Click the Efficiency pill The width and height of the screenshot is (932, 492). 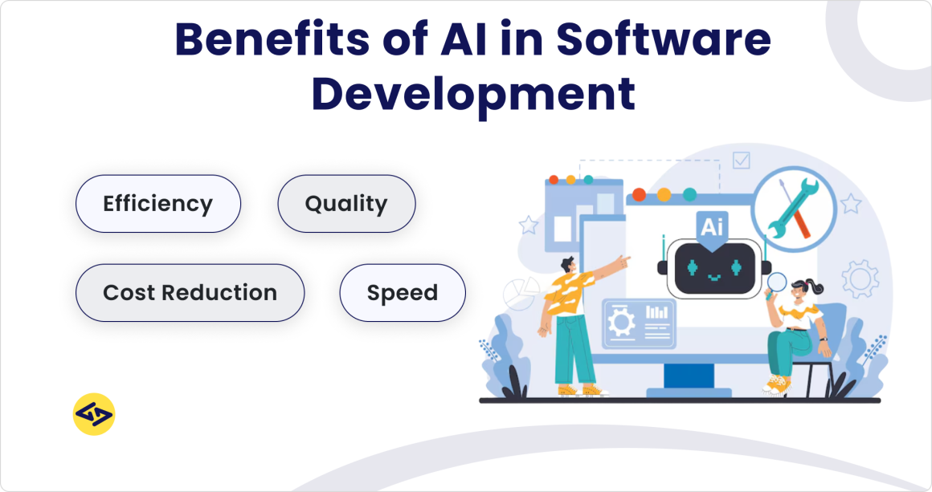tap(158, 204)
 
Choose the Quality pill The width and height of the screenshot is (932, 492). tap(346, 204)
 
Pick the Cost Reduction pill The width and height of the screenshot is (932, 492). tap(190, 293)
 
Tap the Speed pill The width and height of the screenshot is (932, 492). tap(403, 293)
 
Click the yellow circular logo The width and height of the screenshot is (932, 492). tap(94, 414)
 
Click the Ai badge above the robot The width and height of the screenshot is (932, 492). tap(712, 226)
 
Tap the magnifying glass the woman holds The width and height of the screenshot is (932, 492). tap(777, 282)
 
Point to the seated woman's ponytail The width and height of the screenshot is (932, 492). tap(815, 284)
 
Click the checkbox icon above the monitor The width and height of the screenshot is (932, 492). tap(741, 161)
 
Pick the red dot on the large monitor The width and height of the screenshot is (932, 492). tap(640, 194)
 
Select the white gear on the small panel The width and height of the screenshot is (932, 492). tap(620, 323)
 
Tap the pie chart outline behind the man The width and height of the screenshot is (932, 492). tap(519, 294)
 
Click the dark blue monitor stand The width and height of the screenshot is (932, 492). tap(689, 375)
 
